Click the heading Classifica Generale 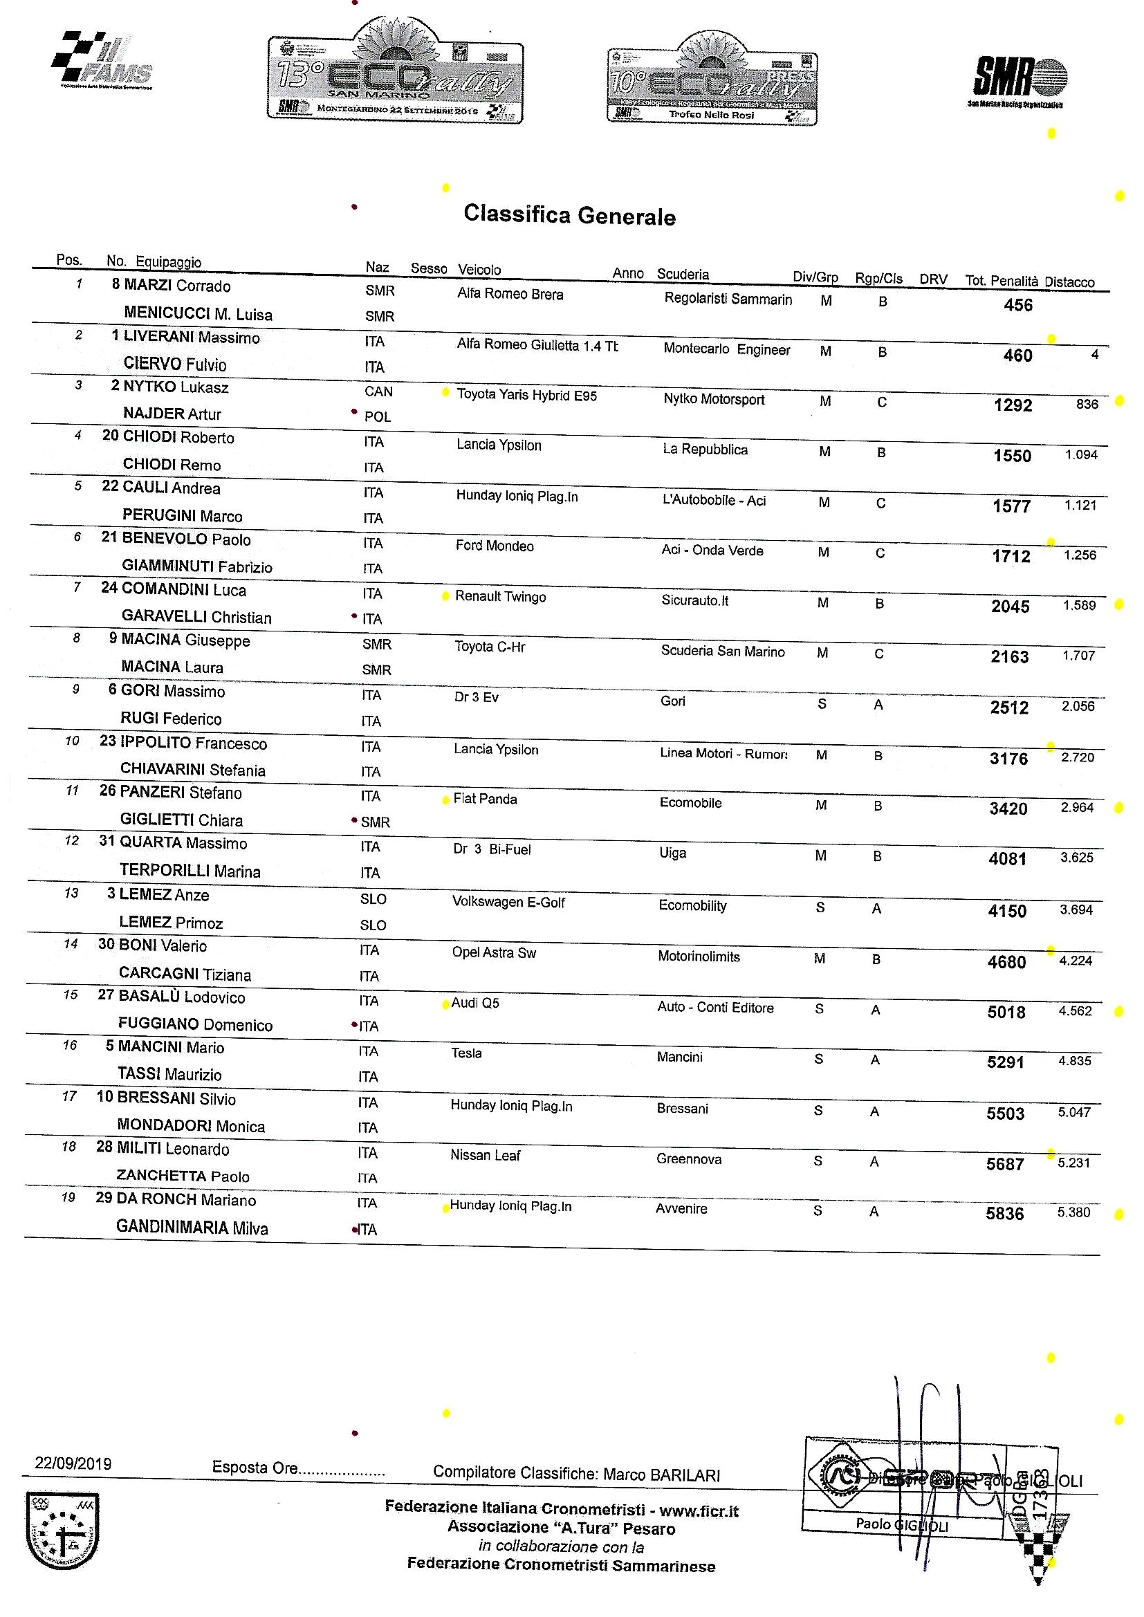tap(569, 216)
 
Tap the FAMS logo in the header tap(102, 62)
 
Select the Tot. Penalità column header tap(1001, 280)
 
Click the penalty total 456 tap(1018, 305)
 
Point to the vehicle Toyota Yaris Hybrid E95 tap(526, 395)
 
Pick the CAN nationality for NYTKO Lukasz tap(378, 391)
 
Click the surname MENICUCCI tap(167, 314)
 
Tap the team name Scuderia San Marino tap(722, 652)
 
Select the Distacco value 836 tap(1087, 404)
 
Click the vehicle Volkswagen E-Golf tap(508, 902)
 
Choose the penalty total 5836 tap(1004, 1214)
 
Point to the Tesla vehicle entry tap(466, 1053)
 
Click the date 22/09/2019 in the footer tap(73, 1463)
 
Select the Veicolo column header tap(479, 270)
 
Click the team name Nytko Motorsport tap(714, 399)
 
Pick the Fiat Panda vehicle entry tap(485, 800)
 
